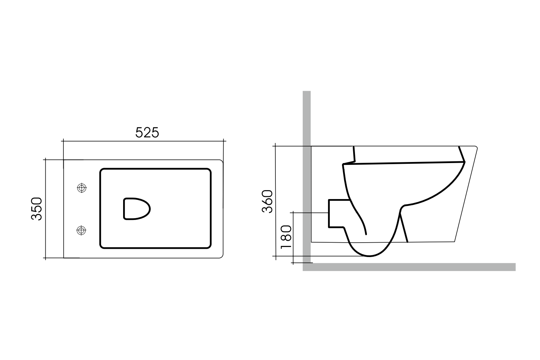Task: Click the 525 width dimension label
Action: click(x=147, y=133)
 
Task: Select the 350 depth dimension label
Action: click(x=37, y=208)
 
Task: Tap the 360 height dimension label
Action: click(x=268, y=201)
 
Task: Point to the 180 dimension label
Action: click(x=286, y=237)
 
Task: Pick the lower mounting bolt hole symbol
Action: click(x=82, y=230)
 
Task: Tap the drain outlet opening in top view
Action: click(x=136, y=209)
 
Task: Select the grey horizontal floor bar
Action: click(x=410, y=267)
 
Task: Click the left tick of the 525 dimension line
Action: click(x=63, y=141)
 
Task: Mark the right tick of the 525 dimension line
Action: click(x=224, y=141)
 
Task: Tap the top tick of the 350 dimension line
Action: click(x=45, y=159)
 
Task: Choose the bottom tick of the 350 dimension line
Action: click(x=45, y=258)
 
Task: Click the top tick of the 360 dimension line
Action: click(x=275, y=146)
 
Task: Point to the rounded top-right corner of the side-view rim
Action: click(x=476, y=147)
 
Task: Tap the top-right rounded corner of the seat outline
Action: click(x=208, y=171)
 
